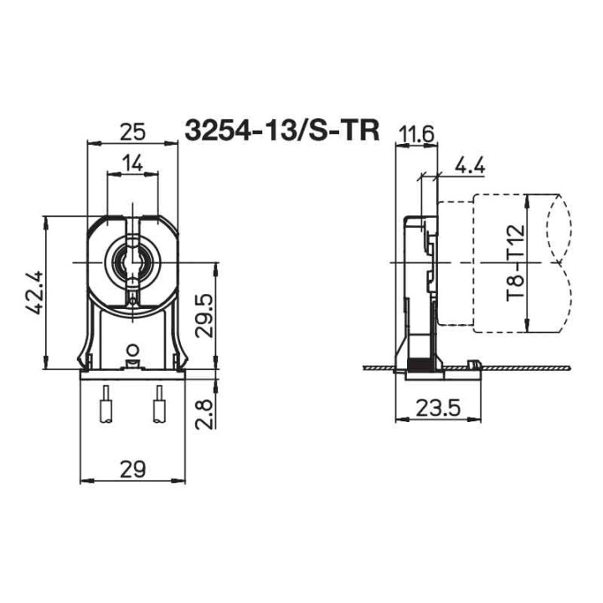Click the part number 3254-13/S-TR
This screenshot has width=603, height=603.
[x=282, y=131]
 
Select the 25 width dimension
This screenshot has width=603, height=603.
[x=132, y=131]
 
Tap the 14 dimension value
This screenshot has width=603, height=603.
[x=132, y=163]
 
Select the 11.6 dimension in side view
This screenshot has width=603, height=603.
[x=416, y=134]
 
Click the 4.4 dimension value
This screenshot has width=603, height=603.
[x=470, y=165]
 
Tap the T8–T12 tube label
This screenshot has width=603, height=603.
[x=513, y=263]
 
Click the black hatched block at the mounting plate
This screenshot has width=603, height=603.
[x=416, y=366]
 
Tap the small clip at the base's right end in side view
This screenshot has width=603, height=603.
[x=473, y=365]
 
